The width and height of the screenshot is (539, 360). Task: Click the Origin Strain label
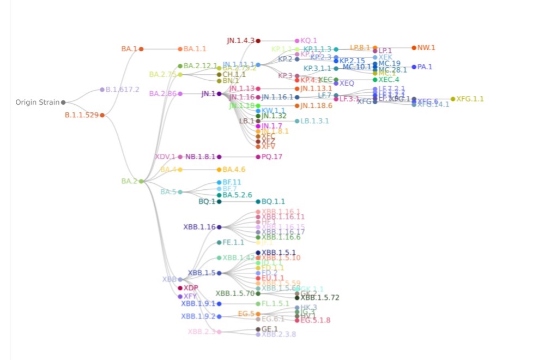(37, 102)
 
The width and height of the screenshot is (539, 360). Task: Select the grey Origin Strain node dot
(64, 102)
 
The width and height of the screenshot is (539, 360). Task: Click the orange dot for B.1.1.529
(102, 115)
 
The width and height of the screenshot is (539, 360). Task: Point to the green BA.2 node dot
(141, 181)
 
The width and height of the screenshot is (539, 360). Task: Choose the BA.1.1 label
(195, 49)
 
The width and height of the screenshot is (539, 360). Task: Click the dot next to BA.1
(141, 49)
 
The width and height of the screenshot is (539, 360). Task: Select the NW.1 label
(426, 47)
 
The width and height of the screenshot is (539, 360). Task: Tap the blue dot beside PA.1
(414, 67)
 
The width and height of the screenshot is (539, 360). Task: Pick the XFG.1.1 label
(470, 99)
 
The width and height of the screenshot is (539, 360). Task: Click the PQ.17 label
(272, 157)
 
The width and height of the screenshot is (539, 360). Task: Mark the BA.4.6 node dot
(219, 170)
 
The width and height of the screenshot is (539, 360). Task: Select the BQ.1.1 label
(273, 201)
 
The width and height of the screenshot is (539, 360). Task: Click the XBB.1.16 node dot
(219, 227)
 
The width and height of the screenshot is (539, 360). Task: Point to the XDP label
(191, 288)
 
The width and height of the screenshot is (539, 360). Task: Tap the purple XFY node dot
(180, 297)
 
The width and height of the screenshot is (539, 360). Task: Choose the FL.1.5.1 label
(275, 303)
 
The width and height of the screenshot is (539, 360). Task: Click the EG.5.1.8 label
(316, 320)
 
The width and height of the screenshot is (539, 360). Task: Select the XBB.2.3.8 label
(278, 334)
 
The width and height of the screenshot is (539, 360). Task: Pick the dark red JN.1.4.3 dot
(258, 40)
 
